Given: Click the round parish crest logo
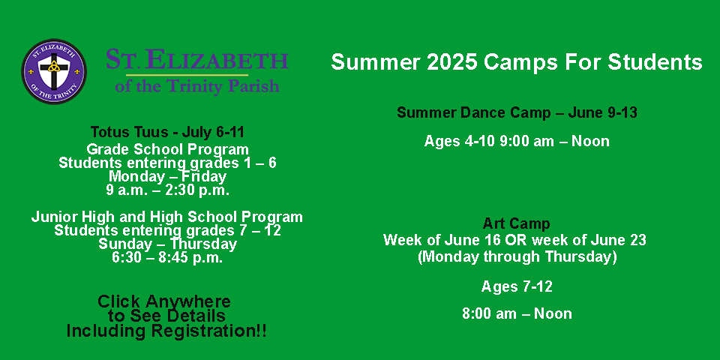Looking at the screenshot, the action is [54, 71].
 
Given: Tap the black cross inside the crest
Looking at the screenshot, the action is [54, 69].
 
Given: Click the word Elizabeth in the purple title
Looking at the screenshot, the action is [212, 60].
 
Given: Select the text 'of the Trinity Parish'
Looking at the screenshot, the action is [197, 85].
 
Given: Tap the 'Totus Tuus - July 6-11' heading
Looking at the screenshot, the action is [167, 132].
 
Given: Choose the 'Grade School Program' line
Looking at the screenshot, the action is [167, 149].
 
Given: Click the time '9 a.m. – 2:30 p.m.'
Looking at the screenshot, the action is [167, 190].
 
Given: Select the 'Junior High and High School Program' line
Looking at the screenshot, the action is [167, 217].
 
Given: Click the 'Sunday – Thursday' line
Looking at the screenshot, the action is [167, 244].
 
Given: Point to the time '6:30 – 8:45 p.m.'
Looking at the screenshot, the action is [167, 257].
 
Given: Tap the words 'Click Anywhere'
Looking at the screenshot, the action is [164, 301].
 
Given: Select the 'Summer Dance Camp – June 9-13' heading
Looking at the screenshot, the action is [517, 112].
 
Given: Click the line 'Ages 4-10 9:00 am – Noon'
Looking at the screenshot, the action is [517, 141].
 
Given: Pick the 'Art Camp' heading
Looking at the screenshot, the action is [516, 224].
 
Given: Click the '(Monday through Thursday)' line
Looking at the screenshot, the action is [517, 256].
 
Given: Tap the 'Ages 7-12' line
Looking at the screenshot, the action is [517, 286].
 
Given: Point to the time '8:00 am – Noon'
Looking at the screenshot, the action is [517, 314].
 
